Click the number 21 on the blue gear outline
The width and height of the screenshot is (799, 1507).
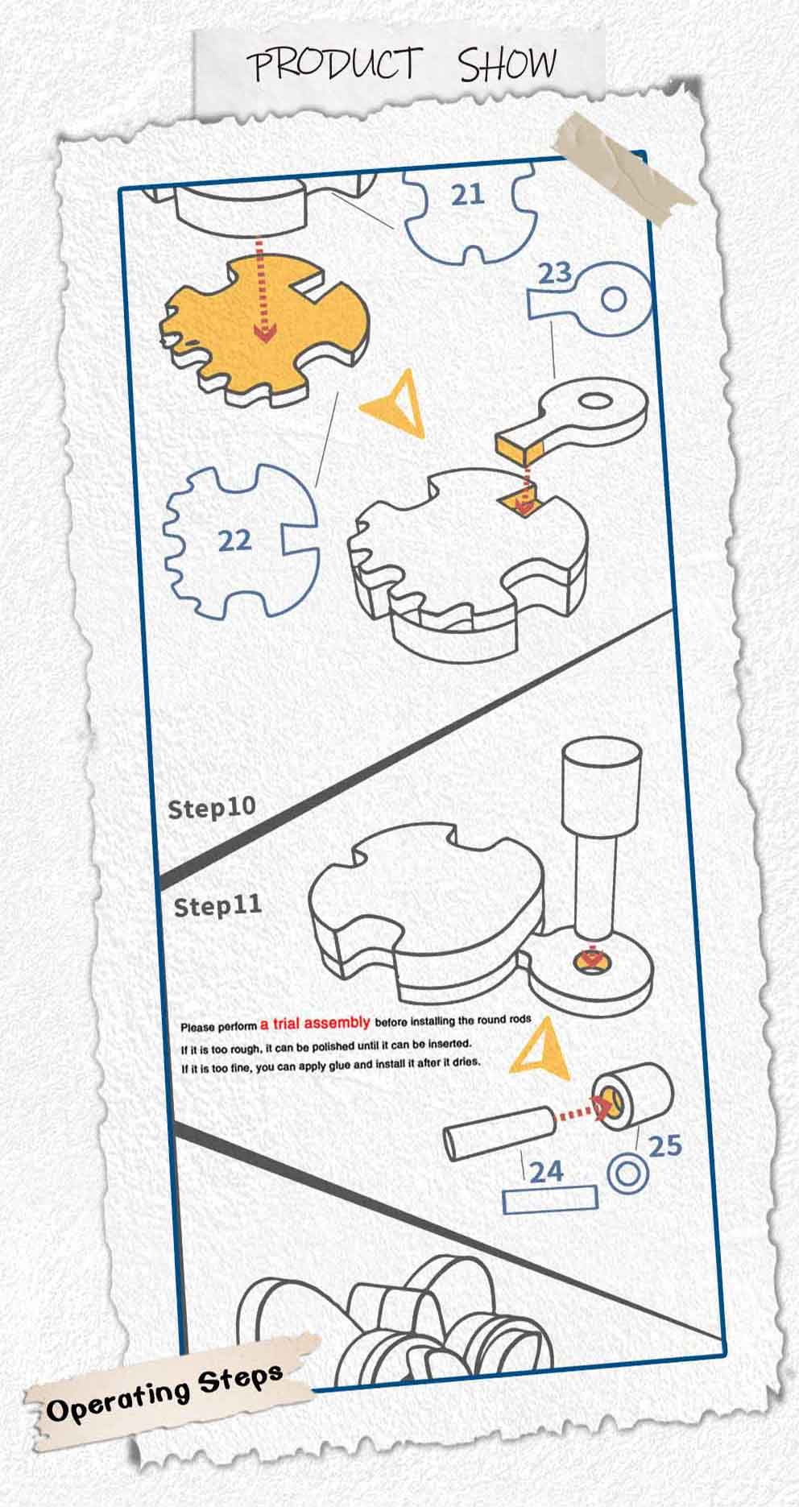tap(467, 194)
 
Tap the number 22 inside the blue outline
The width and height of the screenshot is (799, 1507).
tap(235, 540)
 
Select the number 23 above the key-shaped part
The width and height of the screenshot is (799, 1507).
tap(555, 273)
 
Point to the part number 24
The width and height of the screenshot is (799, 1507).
tap(546, 1170)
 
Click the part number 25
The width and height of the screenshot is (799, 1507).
tap(664, 1145)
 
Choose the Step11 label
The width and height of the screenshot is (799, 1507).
tap(217, 906)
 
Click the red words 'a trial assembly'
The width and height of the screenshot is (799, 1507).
tap(315, 1023)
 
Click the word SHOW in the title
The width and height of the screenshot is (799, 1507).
tap(507, 64)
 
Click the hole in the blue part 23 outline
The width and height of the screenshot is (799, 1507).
tap(614, 300)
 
